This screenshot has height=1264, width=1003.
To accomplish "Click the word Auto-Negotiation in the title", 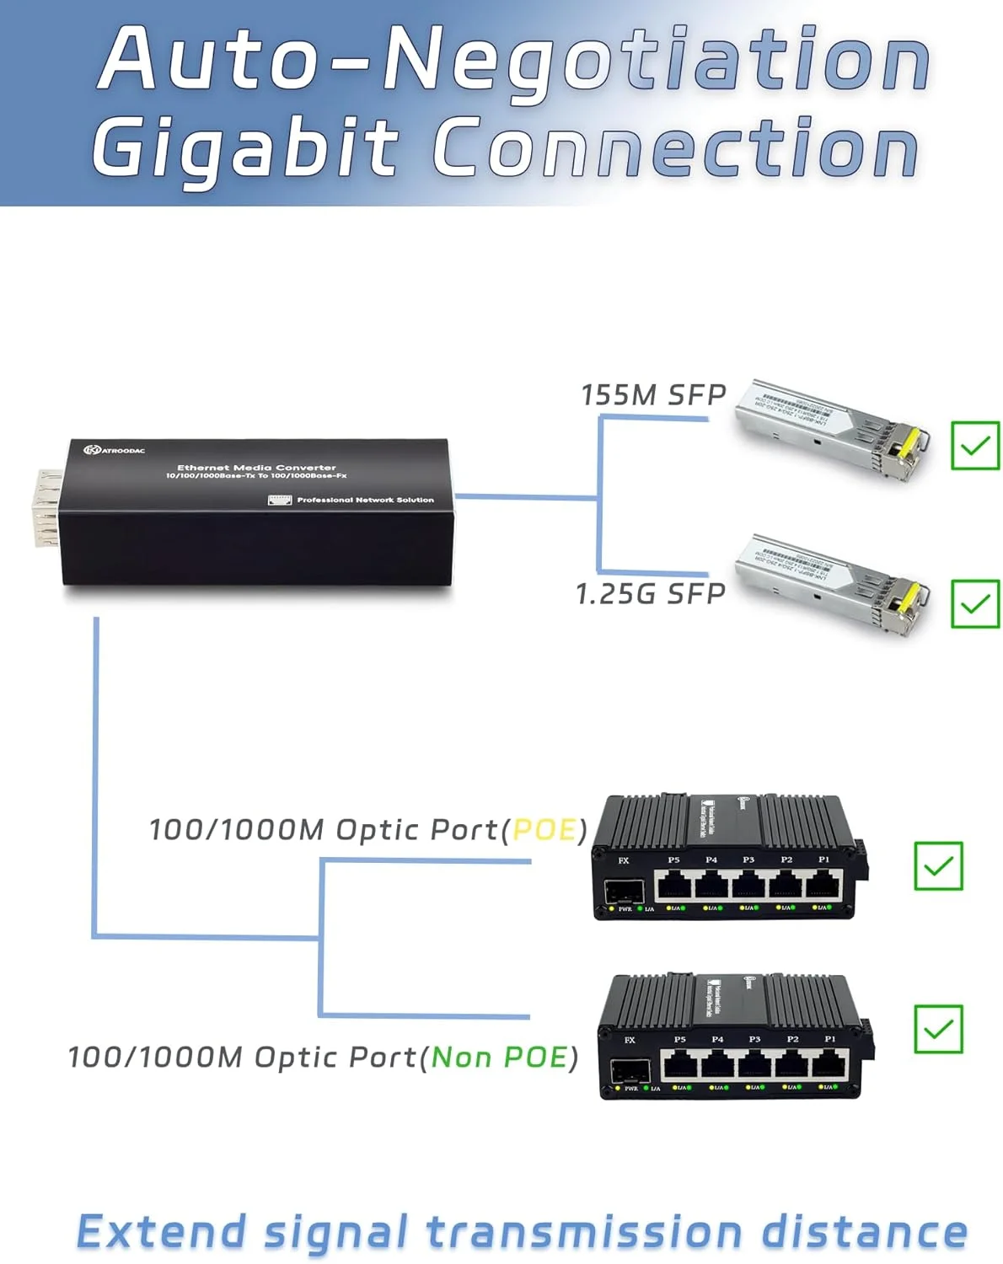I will point(514,61).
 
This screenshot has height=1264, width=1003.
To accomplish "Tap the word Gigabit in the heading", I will point(244,150).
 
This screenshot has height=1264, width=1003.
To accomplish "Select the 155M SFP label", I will point(653,394).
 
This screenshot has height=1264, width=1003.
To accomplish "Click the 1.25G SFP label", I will point(650,594).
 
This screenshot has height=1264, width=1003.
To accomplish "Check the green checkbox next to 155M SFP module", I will point(975,445).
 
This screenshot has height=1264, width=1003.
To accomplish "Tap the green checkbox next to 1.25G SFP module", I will point(975,603).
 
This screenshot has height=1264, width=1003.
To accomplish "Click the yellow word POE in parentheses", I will point(544,830).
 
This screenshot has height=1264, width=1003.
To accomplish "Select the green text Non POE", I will point(499,1057).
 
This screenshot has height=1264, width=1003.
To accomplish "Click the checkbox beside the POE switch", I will point(938,866).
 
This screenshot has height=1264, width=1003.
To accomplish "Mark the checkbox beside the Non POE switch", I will point(938,1029).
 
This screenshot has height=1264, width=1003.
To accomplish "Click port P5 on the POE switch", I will point(673,885).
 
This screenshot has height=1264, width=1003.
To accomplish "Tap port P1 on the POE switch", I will point(823,885).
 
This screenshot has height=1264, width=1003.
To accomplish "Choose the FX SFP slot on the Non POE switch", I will point(630,1071).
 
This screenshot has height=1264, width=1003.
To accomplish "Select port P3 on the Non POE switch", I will point(754,1065).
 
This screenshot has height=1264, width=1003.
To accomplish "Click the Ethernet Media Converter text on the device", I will point(256,468).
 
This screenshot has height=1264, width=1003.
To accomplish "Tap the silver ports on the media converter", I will point(47,508).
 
